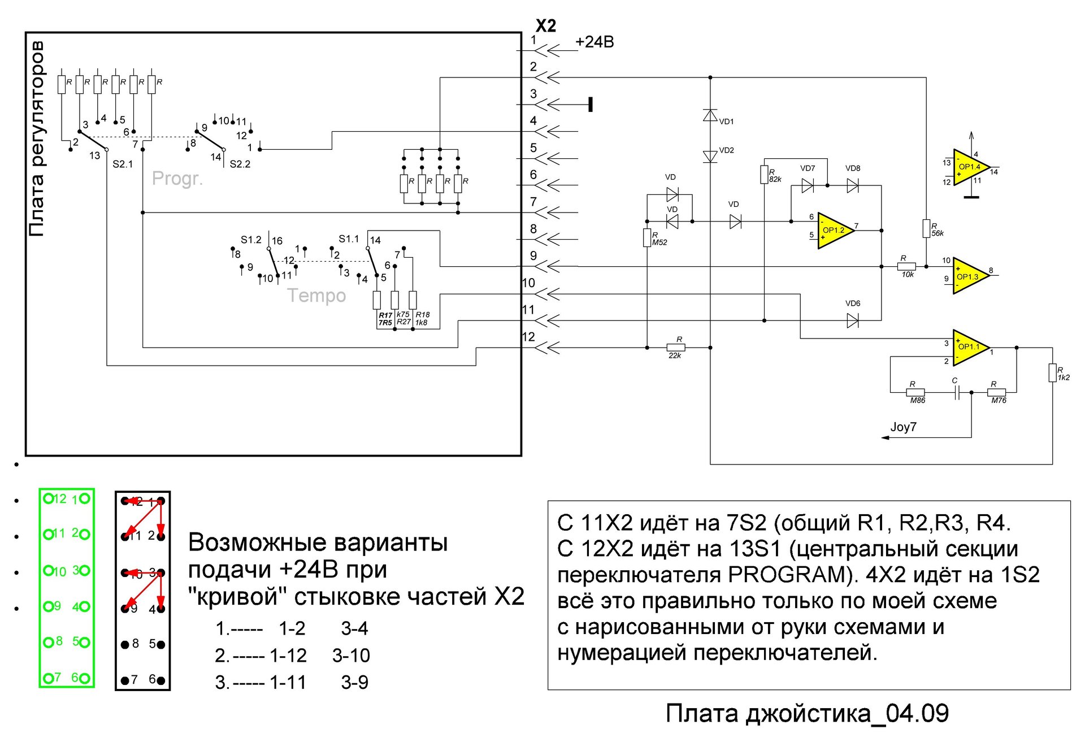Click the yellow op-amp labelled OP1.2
pos(834,231)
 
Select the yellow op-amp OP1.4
pos(970,167)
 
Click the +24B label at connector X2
pos(594,42)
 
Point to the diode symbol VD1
pos(710,116)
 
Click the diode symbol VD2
pos(710,156)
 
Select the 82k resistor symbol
pos(764,175)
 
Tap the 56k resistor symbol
pos(926,228)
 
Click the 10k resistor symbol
pos(906,267)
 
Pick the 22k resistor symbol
pos(676,348)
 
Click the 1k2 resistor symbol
pos(1052,373)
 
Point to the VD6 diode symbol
pos(853,321)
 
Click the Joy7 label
pos(903,427)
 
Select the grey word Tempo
pos(316,296)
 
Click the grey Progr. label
pos(177,179)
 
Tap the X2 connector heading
pos(546,25)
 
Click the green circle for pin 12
pos(49,498)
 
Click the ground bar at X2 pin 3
pos(591,105)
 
